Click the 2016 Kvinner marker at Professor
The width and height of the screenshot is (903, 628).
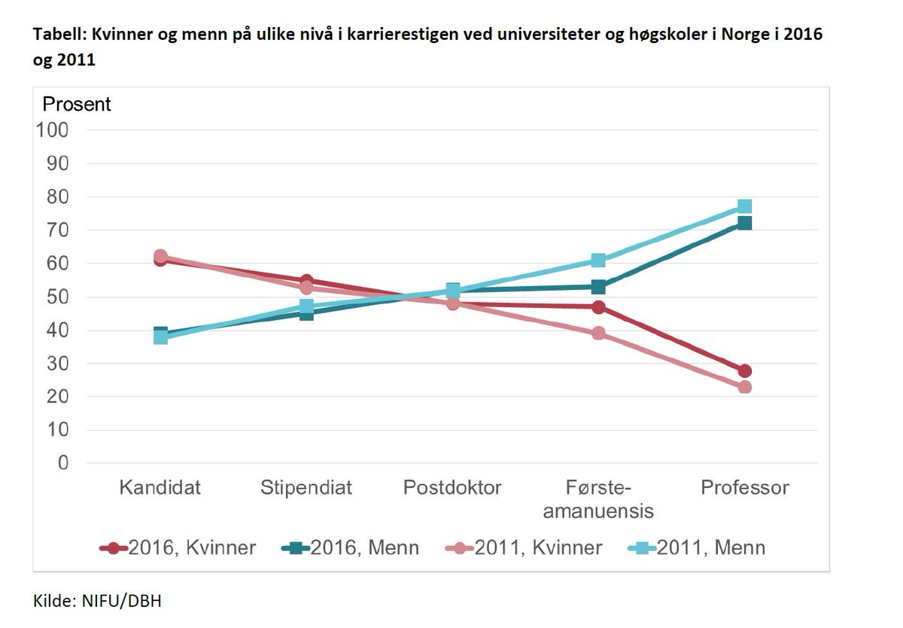(x=744, y=370)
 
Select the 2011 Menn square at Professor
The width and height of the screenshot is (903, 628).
(x=744, y=206)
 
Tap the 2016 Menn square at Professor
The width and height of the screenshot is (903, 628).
(x=744, y=223)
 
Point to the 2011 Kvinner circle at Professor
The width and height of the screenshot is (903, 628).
(x=744, y=387)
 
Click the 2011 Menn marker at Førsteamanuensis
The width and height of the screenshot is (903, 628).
(x=598, y=261)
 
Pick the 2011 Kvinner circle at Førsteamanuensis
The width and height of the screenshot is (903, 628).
(x=598, y=333)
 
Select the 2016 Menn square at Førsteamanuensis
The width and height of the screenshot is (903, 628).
(x=598, y=287)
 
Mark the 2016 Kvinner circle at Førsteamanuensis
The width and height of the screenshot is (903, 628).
(x=598, y=306)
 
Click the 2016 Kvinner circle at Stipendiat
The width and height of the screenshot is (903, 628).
(x=306, y=281)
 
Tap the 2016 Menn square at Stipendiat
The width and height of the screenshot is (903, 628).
(x=306, y=312)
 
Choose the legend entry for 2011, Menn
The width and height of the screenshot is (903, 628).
(x=696, y=547)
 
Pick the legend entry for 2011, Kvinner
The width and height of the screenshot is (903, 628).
(x=524, y=547)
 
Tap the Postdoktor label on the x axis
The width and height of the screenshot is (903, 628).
(x=452, y=487)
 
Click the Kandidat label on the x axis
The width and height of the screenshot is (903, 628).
(x=160, y=487)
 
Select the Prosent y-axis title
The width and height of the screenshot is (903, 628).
(x=76, y=104)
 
